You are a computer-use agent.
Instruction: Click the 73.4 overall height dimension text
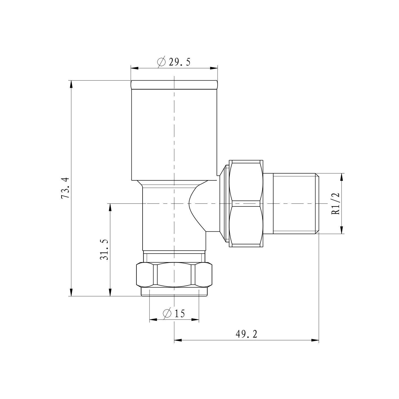pyautogui.click(x=65, y=188)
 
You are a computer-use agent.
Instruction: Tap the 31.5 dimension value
pyautogui.click(x=104, y=250)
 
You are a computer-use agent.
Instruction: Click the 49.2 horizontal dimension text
pyautogui.click(x=246, y=334)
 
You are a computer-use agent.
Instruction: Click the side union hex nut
pyautogui.click(x=246, y=203)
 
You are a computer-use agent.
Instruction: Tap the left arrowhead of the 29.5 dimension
pyautogui.click(x=135, y=68)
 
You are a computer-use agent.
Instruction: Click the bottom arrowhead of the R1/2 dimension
pyautogui.click(x=342, y=230)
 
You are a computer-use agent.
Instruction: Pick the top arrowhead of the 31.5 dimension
pyautogui.click(x=110, y=207)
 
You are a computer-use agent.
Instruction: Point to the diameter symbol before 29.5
pyautogui.click(x=161, y=62)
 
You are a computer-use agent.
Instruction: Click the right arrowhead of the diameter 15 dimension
pyautogui.click(x=196, y=319)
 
